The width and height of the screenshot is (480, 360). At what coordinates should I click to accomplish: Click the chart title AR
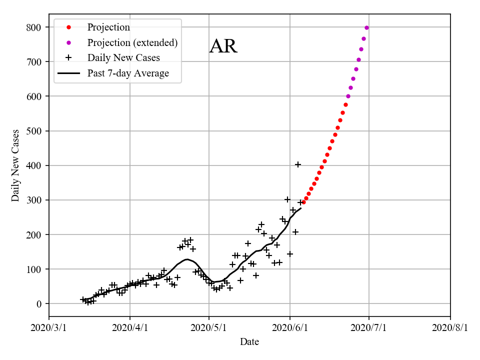[223, 46]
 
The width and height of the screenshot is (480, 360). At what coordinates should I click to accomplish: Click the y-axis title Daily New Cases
[15, 165]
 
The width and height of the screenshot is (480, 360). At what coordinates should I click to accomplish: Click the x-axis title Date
[249, 342]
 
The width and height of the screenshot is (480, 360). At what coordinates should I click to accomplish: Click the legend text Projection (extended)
[132, 42]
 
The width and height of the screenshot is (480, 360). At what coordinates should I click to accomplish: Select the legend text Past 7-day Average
[128, 73]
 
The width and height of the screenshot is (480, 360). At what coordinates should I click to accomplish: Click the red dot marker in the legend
[69, 27]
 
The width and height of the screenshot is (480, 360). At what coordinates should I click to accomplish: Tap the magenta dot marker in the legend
[69, 42]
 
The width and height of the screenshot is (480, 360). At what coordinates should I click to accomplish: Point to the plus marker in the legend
[69, 58]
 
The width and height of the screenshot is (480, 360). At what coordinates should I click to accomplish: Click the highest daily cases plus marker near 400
[298, 164]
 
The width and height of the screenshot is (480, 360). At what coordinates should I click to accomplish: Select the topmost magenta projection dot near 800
[366, 27]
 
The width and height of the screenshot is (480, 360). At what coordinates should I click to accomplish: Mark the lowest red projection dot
[303, 202]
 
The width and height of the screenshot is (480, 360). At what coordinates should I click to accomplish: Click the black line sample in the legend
[69, 73]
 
